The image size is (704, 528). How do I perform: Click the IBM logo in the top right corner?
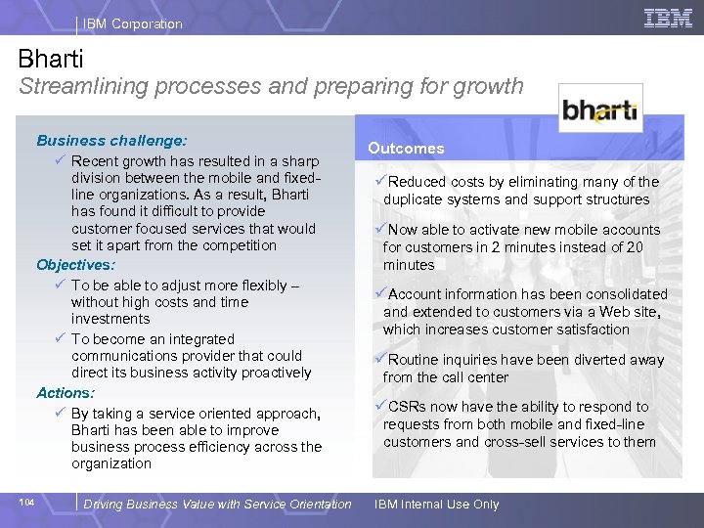[x=668, y=18]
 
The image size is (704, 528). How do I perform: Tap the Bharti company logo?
[x=599, y=110]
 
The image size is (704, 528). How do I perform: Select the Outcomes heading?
[x=406, y=149]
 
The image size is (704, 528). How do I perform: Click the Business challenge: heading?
[x=111, y=141]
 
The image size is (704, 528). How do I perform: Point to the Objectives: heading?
[x=75, y=265]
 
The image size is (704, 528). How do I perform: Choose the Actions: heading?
[x=66, y=393]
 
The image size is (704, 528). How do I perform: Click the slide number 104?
[x=26, y=503]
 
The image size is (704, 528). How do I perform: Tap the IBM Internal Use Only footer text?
[x=436, y=505]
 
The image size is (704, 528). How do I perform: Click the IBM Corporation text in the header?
[x=132, y=23]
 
